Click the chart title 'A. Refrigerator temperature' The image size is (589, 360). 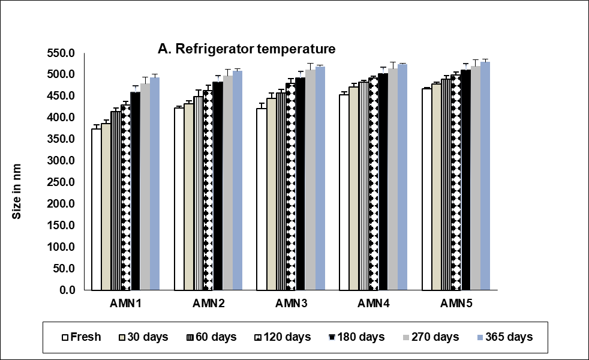pos(246,49)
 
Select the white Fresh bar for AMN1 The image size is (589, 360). pos(96,209)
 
